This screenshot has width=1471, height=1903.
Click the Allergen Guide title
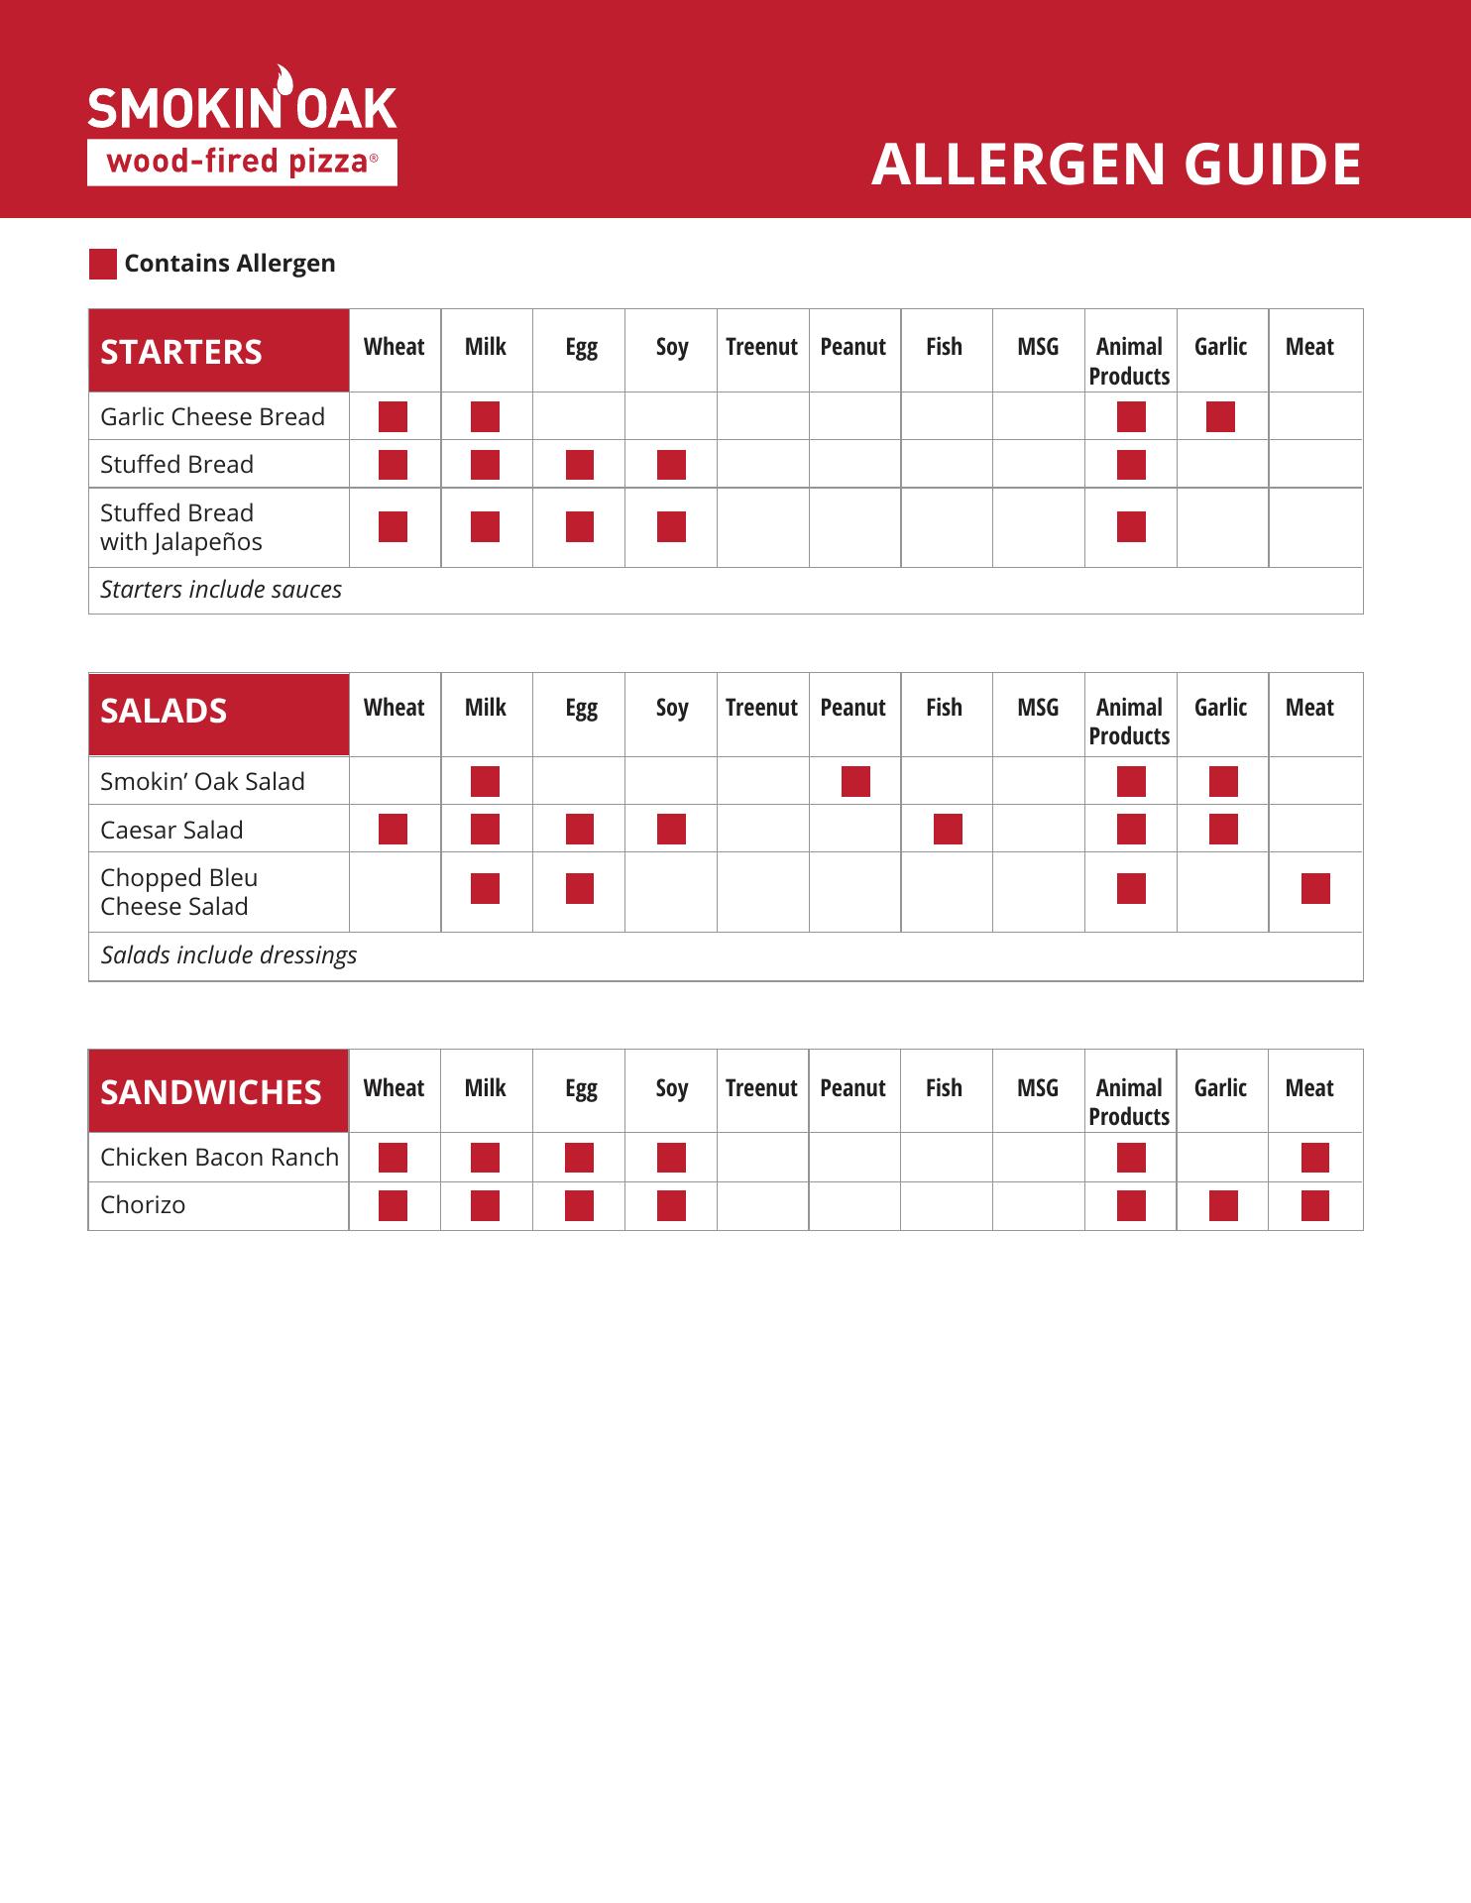(x=1115, y=165)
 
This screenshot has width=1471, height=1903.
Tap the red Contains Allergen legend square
(x=103, y=264)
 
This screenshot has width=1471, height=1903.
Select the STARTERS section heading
(x=181, y=352)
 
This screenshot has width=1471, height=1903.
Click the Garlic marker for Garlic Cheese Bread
(x=1220, y=417)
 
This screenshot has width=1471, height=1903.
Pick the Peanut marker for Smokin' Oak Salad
(x=854, y=782)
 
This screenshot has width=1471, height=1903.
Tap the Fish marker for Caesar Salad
(x=947, y=830)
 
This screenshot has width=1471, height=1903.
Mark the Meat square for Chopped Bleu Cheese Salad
(x=1314, y=889)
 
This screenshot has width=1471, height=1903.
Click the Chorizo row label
(x=143, y=1205)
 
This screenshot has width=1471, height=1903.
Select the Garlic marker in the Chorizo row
(x=1222, y=1206)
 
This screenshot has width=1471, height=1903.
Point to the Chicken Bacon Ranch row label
(x=219, y=1158)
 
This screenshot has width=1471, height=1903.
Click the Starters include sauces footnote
(x=221, y=590)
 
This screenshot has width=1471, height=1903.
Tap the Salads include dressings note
(x=229, y=955)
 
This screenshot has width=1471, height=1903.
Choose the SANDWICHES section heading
(x=211, y=1092)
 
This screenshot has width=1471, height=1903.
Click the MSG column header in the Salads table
(x=1037, y=708)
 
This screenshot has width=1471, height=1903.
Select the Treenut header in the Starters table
(x=761, y=347)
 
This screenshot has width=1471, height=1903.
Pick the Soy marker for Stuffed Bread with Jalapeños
(x=671, y=527)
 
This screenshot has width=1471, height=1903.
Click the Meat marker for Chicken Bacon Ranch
(x=1314, y=1158)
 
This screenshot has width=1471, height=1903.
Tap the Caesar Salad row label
(x=171, y=831)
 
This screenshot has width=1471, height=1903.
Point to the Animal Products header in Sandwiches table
(x=1129, y=1102)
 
